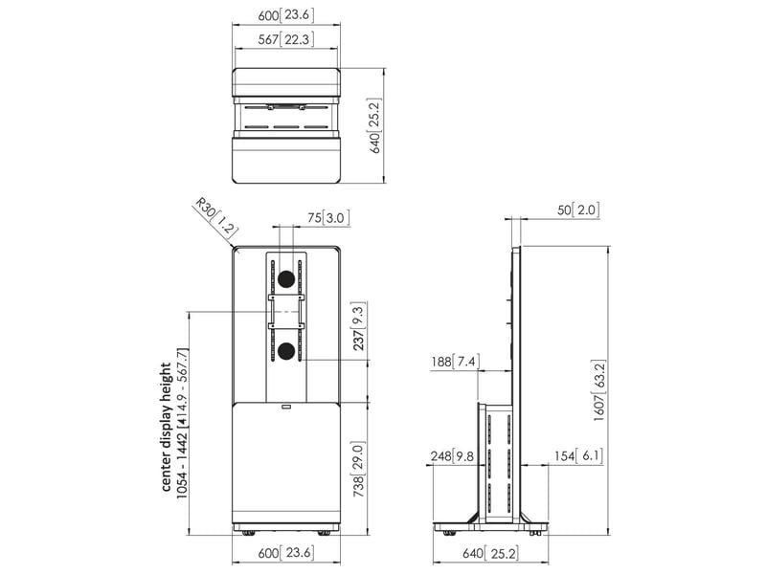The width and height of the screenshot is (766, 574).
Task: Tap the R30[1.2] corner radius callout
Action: click(214, 217)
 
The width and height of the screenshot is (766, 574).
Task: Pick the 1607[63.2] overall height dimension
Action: click(600, 390)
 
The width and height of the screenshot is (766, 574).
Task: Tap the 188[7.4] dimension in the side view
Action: click(456, 361)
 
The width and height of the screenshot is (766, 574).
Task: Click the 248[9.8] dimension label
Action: click(453, 456)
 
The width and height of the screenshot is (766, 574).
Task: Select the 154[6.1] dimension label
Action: click(576, 456)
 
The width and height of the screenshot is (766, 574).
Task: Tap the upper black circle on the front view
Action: click(284, 279)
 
